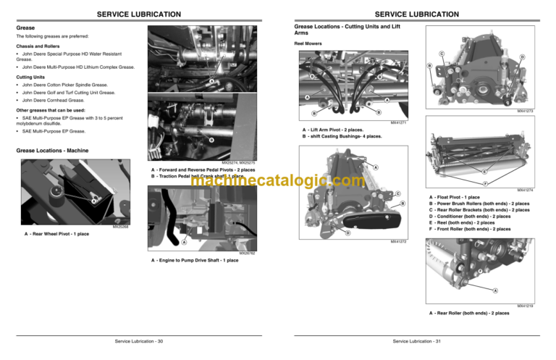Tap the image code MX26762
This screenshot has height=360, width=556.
pos(247,253)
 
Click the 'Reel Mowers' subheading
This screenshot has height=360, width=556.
pos(308,43)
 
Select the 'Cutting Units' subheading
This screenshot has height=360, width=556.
pos(32,75)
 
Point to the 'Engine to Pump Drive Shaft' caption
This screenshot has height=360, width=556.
pos(195,260)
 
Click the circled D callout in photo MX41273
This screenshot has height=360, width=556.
pos(522,57)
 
